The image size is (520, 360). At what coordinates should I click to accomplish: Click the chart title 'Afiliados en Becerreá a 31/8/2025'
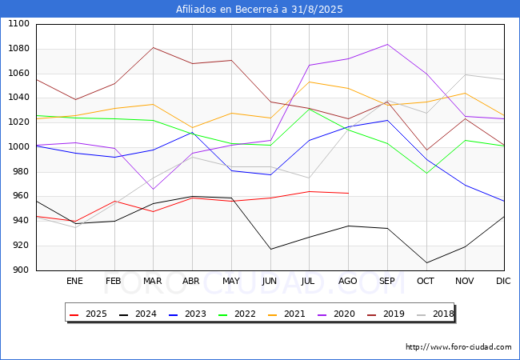pyautogui.click(x=259, y=10)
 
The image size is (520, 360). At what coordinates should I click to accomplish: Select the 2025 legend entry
pyautogui.click(x=89, y=314)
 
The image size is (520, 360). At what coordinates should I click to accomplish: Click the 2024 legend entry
pyautogui.click(x=138, y=314)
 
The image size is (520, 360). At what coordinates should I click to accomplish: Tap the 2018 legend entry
pyautogui.click(x=435, y=314)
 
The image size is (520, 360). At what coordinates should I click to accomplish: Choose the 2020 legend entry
pyautogui.click(x=336, y=314)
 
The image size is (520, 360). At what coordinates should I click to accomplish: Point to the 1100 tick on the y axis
pyautogui.click(x=18, y=24)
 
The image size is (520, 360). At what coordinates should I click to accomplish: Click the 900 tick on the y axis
pyautogui.click(x=22, y=270)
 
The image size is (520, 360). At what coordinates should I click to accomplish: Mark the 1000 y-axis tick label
pyautogui.click(x=18, y=147)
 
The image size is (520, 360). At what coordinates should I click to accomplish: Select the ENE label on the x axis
pyautogui.click(x=74, y=281)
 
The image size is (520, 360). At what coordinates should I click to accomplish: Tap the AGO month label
pyautogui.click(x=347, y=281)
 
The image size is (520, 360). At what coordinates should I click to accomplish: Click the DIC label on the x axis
pyautogui.click(x=503, y=281)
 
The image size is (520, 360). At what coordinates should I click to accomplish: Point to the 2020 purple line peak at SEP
pyautogui.click(x=387, y=44)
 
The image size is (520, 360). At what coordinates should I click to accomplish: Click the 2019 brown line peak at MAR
pyautogui.click(x=154, y=47)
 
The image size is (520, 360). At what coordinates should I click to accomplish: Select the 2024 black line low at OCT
pyautogui.click(x=426, y=263)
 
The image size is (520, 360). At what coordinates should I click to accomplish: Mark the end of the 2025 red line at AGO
pyautogui.click(x=348, y=193)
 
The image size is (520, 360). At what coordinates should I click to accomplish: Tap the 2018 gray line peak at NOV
pyautogui.click(x=466, y=74)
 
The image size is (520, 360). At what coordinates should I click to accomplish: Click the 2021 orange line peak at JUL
pyautogui.click(x=310, y=82)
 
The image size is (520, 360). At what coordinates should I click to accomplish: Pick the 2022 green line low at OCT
pyautogui.click(x=426, y=173)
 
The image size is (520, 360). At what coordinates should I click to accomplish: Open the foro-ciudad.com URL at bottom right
pyautogui.click(x=458, y=347)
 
